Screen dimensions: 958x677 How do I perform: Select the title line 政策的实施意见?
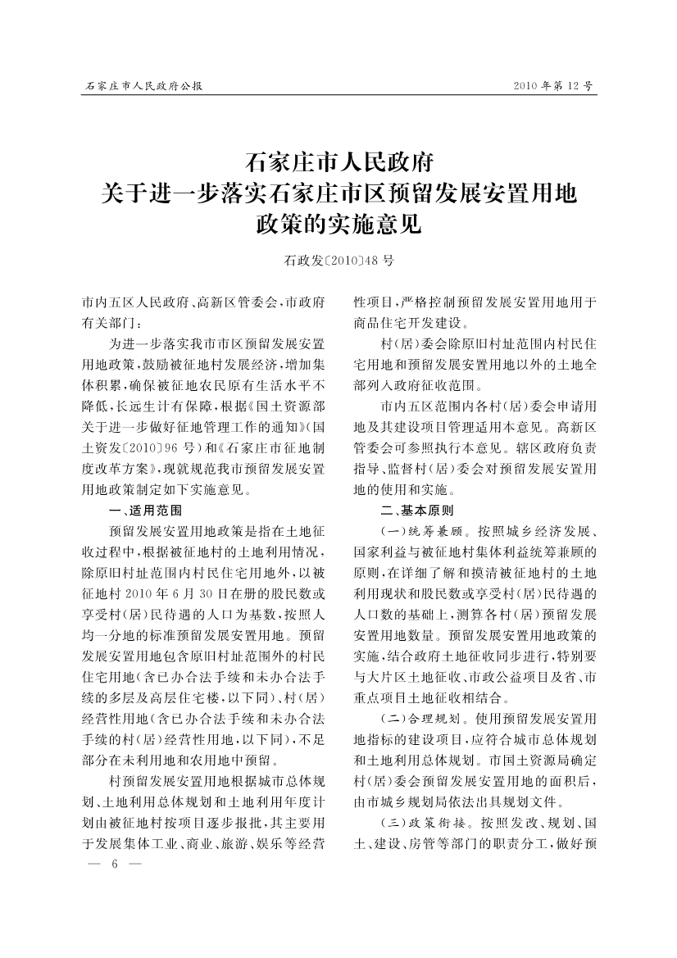coord(338,224)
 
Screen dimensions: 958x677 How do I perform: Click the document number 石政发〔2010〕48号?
coord(338,261)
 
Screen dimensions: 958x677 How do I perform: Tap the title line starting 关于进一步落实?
coord(338,193)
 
